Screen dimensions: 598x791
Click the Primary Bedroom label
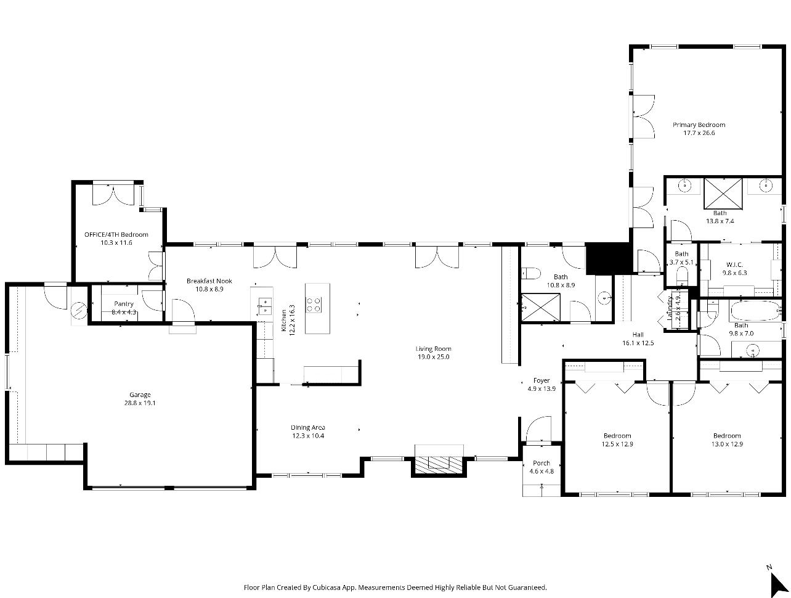(699, 125)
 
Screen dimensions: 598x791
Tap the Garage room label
(140, 395)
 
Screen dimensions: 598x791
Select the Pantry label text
(123, 304)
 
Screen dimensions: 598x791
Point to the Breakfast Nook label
(209, 281)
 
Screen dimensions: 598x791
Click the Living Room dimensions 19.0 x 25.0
(434, 356)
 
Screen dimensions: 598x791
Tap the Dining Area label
(308, 427)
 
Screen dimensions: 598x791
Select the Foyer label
(542, 380)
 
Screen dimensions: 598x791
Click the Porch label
(542, 463)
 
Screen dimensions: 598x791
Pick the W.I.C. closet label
(734, 264)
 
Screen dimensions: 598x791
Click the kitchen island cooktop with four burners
(314, 303)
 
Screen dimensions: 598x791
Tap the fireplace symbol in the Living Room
(438, 463)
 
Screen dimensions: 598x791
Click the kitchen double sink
(265, 303)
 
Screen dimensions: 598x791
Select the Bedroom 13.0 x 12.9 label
(727, 435)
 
